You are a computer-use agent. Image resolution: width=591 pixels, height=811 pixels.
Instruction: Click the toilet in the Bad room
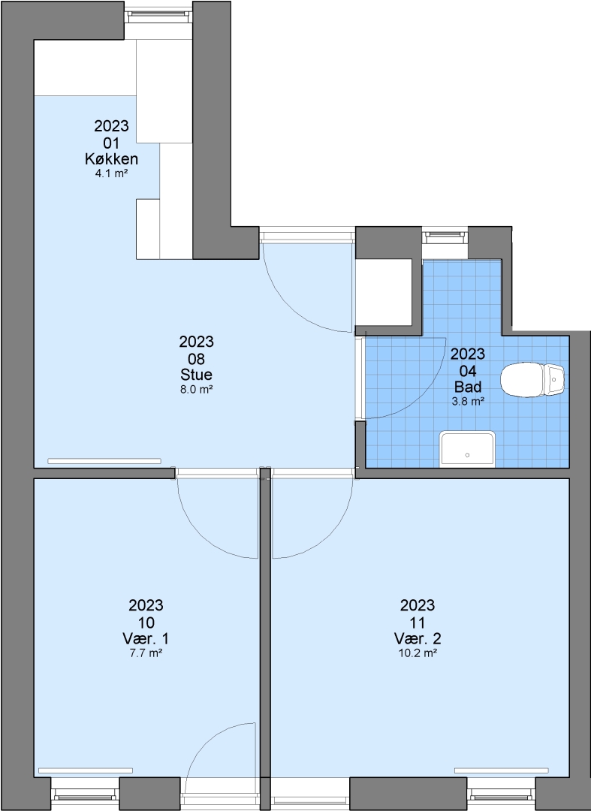pos(532,380)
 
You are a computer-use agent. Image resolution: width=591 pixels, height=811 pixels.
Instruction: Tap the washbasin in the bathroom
pos(467,449)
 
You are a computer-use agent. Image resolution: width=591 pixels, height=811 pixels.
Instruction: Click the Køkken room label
pos(111,158)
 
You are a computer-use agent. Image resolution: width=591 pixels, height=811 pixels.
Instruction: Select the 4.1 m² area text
pos(111,173)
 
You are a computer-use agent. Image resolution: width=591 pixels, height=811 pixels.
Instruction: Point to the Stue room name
pos(197,375)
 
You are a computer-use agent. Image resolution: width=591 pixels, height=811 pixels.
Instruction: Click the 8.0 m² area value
pos(197,390)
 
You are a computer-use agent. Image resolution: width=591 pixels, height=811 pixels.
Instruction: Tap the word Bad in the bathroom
pos(468,387)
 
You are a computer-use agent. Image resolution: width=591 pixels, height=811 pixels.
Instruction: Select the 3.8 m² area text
pos(468,401)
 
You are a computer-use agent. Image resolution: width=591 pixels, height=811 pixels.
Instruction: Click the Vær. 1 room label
pos(146,638)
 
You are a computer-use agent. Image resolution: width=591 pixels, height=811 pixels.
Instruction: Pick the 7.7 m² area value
pos(146,653)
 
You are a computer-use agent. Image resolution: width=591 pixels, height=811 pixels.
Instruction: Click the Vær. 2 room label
pos(418,638)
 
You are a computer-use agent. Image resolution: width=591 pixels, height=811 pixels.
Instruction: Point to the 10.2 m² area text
pos(418,653)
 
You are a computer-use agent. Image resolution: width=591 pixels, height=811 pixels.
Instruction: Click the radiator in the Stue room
pos(104,461)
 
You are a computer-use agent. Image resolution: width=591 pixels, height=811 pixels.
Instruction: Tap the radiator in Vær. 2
pos(502,770)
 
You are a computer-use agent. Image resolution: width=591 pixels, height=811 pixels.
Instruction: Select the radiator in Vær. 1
pos(86,770)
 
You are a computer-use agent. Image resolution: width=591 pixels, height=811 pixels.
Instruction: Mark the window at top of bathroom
pos(445,236)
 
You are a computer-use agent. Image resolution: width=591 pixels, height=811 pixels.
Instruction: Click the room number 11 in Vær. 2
pos(418,622)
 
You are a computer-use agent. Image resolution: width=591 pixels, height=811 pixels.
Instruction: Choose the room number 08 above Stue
pos(197,358)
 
